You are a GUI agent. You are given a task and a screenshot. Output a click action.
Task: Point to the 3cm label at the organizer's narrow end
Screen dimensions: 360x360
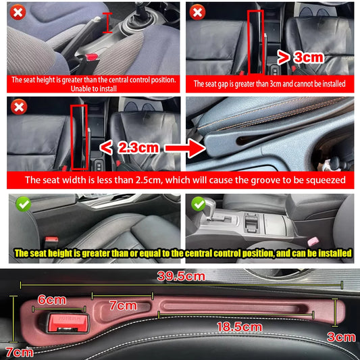pyautogui.click(x=341, y=336)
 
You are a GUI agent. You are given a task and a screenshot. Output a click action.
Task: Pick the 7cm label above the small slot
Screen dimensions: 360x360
pyautogui.click(x=122, y=305)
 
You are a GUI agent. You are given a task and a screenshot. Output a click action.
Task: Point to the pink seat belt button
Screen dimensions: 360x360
pyautogui.click(x=313, y=241)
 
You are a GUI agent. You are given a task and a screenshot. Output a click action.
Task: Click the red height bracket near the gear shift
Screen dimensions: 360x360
pyautogui.click(x=105, y=22)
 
